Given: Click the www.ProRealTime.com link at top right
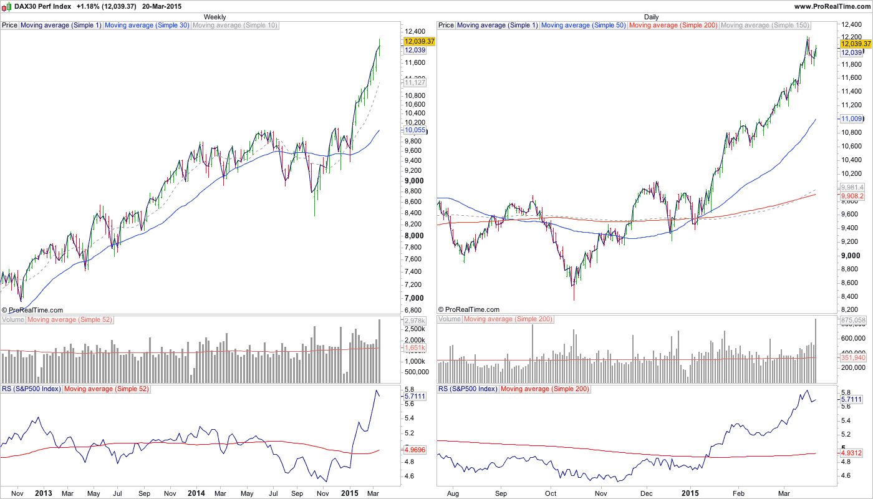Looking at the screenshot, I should (x=832, y=6).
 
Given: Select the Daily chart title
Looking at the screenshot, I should (x=651, y=17).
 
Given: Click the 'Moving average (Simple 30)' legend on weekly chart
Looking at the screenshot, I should (x=147, y=26).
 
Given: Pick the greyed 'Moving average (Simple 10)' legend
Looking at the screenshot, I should (x=235, y=26).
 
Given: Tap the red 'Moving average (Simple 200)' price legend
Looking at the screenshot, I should (x=673, y=26).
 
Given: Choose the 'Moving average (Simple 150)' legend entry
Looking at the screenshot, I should (x=764, y=26).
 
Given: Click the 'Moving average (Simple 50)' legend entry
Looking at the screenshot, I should (x=584, y=26).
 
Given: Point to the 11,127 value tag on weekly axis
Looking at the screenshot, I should (x=415, y=82).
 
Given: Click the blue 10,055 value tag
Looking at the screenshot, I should (x=415, y=130).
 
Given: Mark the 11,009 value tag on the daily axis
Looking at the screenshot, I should (x=851, y=118).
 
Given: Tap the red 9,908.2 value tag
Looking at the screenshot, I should (x=852, y=196).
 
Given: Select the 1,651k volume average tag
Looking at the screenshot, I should (x=415, y=347).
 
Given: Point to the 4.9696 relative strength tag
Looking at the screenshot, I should (x=415, y=449).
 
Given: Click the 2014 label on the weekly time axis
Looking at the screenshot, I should (x=196, y=493).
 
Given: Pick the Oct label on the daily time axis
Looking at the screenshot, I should (x=551, y=493).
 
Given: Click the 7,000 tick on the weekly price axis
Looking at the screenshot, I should (x=414, y=298).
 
